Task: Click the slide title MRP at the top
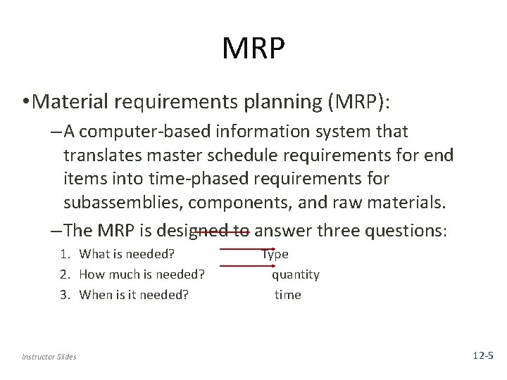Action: pyautogui.click(x=253, y=48)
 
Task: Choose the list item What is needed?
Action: pyautogui.click(x=127, y=254)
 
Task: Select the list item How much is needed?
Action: pyautogui.click(x=141, y=274)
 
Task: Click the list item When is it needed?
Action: pyautogui.click(x=134, y=295)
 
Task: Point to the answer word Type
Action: pyautogui.click(x=275, y=254)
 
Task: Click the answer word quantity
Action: pyautogui.click(x=296, y=274)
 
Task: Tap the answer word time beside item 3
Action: pyautogui.click(x=287, y=295)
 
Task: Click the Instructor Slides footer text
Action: pyautogui.click(x=49, y=357)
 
